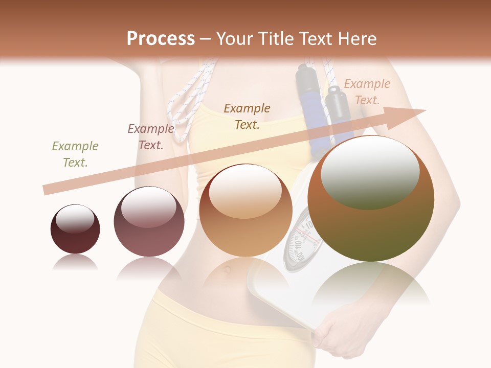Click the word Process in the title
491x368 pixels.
pos(161,38)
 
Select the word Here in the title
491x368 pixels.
pos(356,38)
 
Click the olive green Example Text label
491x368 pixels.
pos(75,154)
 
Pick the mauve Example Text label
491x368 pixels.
pos(150,137)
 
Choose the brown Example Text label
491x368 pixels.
pos(247,116)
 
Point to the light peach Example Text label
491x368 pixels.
pos(367,92)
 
